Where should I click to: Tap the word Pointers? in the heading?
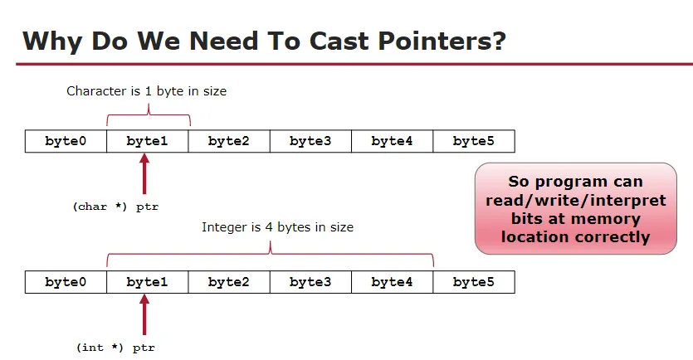click(x=442, y=41)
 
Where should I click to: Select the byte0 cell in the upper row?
click(x=66, y=141)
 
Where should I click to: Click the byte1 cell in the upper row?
click(x=148, y=141)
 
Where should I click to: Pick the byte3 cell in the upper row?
click(x=310, y=141)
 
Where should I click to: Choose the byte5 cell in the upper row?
click(x=474, y=141)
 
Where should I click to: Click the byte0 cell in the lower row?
click(x=66, y=282)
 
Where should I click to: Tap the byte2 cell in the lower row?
click(x=229, y=282)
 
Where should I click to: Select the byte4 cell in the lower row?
click(x=392, y=282)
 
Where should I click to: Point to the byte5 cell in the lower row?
click(x=474, y=282)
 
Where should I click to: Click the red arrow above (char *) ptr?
click(x=144, y=173)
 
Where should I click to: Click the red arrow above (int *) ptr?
click(x=144, y=314)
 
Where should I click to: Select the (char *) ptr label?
click(x=115, y=207)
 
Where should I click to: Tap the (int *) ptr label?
click(x=116, y=348)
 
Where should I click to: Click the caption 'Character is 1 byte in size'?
click(x=146, y=91)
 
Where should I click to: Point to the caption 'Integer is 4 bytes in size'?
click(x=277, y=227)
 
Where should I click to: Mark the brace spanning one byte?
click(x=149, y=113)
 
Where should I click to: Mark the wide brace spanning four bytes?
click(x=270, y=253)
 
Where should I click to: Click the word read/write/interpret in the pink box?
click(x=576, y=201)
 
